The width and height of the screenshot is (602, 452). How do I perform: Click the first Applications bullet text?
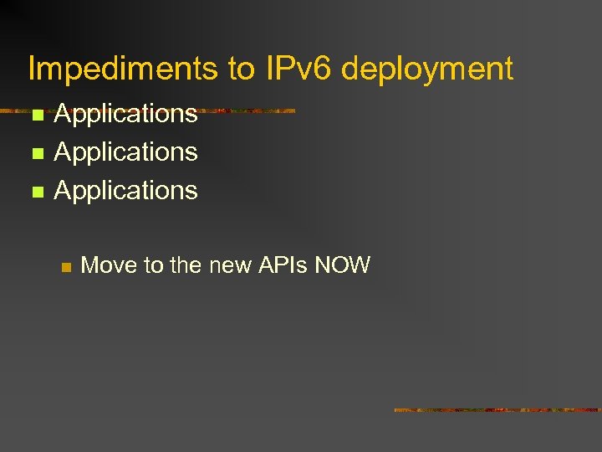[x=125, y=115]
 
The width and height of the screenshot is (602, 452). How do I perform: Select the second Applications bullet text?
[x=125, y=152]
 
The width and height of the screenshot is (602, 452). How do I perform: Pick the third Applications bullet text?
[x=125, y=191]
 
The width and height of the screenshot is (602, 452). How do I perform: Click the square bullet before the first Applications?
[x=35, y=116]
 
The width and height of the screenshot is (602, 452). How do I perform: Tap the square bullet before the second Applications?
[x=35, y=154]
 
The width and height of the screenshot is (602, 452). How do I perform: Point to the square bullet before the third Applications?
[x=35, y=193]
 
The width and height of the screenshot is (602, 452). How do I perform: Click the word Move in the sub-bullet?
[x=110, y=266]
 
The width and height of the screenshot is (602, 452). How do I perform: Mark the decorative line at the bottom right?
[x=497, y=410]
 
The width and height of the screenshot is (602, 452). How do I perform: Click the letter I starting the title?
[x=32, y=69]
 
